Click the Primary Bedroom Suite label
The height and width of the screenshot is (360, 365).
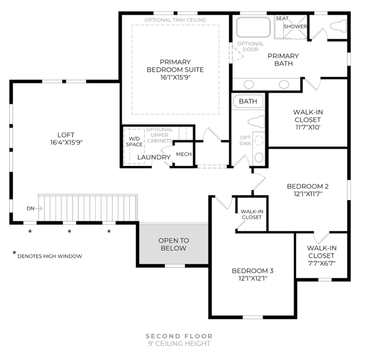coord(175,70)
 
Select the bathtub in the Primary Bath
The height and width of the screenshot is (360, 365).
coord(253,27)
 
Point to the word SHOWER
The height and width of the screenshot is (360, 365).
coord(295,26)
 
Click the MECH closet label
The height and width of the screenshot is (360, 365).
coord(184,154)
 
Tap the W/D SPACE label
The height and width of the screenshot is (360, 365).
coord(134,142)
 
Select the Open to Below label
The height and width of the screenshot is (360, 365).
coord(174,244)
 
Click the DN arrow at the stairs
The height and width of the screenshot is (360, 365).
coord(39,209)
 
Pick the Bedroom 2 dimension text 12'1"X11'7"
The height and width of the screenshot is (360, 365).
coord(308,194)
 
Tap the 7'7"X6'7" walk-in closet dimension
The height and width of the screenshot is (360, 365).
coord(321,263)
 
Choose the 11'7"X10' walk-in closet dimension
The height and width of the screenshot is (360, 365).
coord(308,127)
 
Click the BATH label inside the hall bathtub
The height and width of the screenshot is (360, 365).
coord(248,101)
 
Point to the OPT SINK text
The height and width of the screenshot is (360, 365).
coord(246,141)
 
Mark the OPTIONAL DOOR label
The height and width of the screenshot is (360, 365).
coord(250,47)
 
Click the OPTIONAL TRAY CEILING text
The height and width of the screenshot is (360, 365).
coord(175,20)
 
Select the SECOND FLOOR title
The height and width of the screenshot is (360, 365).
coord(179,336)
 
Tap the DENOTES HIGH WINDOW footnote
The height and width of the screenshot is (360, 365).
coord(50,257)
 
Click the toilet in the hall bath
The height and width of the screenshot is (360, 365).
coord(256,121)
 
